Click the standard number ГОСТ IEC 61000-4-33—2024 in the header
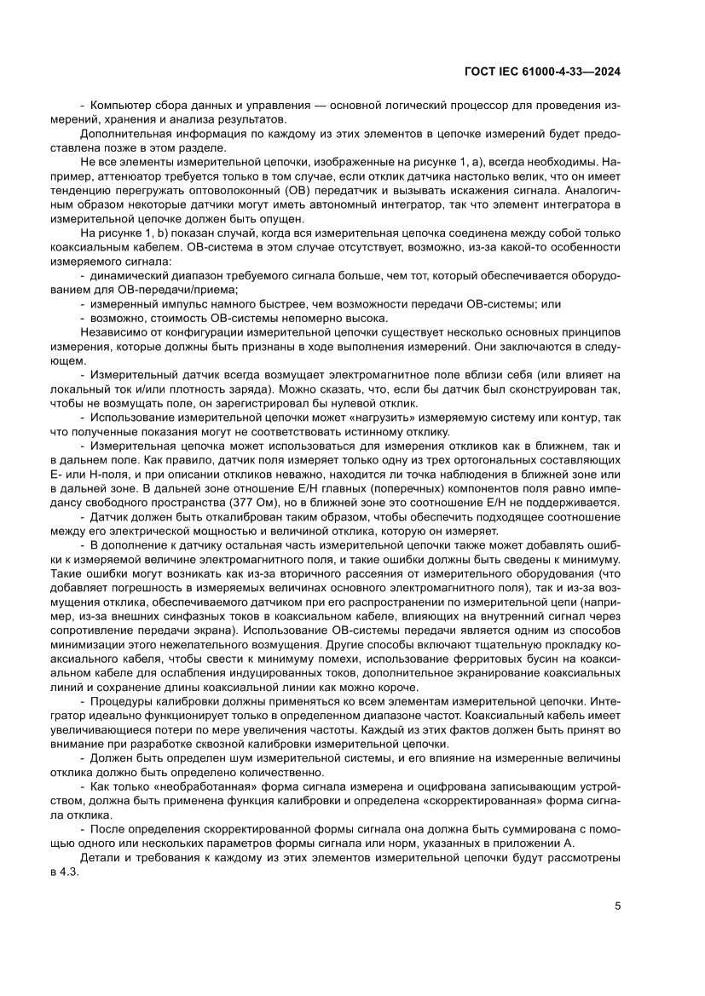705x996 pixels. click(x=541, y=72)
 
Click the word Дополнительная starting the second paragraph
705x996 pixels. click(x=121, y=133)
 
